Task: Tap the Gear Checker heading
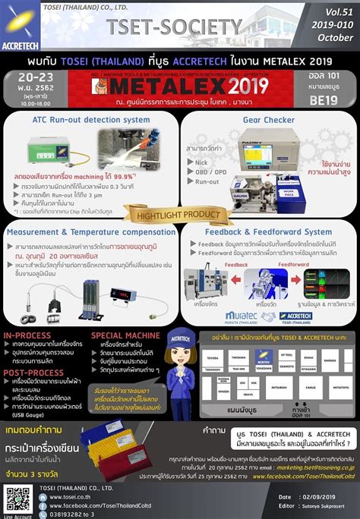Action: point(269,121)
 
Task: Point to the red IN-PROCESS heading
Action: point(28,335)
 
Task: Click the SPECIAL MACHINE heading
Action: point(126,335)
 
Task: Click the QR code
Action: point(17,499)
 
